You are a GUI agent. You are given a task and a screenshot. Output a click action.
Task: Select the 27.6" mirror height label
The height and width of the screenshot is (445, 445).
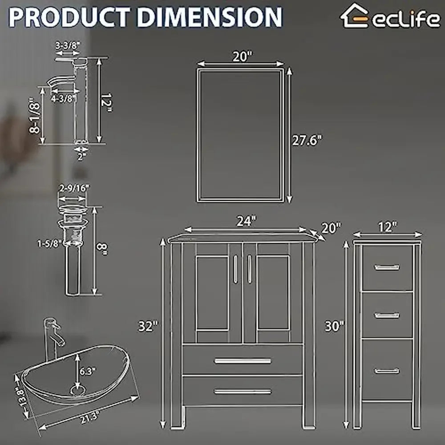click(x=307, y=140)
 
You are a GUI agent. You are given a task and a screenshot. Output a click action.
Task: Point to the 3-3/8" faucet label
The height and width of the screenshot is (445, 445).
click(x=68, y=45)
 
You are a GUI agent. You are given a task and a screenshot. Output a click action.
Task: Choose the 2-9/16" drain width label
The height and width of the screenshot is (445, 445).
click(x=74, y=188)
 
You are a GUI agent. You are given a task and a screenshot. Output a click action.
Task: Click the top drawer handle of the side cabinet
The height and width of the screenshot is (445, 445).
click(x=387, y=267)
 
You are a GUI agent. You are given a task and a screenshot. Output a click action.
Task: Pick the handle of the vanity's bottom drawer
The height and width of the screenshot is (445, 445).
click(x=243, y=392)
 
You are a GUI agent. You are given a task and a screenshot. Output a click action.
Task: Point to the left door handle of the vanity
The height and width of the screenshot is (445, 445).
click(x=235, y=268)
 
